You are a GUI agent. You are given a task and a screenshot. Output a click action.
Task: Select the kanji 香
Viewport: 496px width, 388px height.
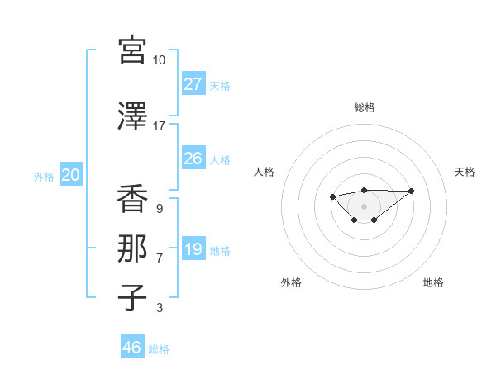(x=132, y=200)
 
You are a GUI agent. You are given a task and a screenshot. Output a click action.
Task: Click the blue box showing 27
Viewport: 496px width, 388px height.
(x=193, y=83)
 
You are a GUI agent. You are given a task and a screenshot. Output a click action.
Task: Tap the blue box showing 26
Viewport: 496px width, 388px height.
(x=193, y=158)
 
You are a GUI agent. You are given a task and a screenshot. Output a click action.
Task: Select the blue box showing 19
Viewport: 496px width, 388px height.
(x=193, y=249)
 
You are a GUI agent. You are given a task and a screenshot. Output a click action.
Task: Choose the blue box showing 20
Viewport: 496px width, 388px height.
(x=70, y=174)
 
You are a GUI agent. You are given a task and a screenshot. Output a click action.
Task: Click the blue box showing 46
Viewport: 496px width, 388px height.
(x=131, y=347)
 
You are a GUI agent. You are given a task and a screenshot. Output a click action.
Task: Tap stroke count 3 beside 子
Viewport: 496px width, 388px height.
(x=159, y=308)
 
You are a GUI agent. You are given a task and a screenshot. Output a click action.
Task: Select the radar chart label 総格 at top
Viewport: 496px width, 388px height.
(x=365, y=107)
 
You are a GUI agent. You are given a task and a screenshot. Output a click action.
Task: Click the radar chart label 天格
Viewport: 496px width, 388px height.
(x=465, y=172)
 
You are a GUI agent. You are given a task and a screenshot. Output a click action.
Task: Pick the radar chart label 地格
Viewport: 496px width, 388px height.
(x=433, y=282)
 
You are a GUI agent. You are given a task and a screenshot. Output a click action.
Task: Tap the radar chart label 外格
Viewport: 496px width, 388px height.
(x=291, y=282)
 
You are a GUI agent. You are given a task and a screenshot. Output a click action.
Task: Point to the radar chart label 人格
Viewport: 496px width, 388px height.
(x=265, y=172)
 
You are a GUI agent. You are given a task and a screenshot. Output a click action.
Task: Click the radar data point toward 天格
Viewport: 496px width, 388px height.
(x=412, y=191)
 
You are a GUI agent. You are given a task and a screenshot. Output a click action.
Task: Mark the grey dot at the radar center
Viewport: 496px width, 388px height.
(x=364, y=206)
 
